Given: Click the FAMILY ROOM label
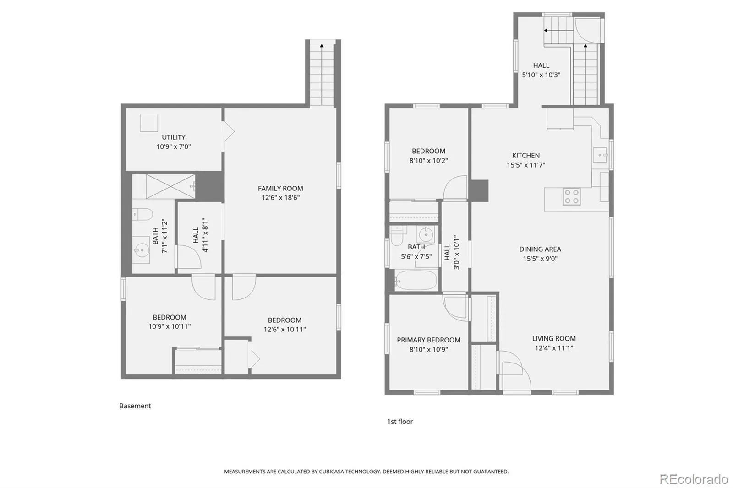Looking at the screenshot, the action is coord(280,189).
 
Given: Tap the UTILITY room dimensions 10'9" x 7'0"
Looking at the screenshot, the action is coord(173,146).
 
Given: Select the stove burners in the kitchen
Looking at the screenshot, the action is coord(572,196).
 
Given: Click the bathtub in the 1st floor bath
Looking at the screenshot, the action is coord(416,280).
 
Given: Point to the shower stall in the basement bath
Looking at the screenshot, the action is coord(170,186).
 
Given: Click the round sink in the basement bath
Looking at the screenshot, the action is coord(142,250).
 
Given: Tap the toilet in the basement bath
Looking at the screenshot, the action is coord(142,214).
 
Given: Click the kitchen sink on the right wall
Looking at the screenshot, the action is coord(601,155).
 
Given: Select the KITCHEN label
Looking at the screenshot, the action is coord(526,155).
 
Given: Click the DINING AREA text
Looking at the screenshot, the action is coord(540,249).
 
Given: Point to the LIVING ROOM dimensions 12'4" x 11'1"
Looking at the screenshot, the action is coord(554,348).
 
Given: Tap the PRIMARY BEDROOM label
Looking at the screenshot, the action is coord(428,340).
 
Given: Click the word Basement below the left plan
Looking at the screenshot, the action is coord(135,406).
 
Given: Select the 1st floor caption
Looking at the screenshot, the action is coord(400,422).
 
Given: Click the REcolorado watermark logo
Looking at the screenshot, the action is coord(694,479).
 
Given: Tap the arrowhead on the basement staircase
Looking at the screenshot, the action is coord(322,46).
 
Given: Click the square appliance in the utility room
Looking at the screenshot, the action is coord(149,123).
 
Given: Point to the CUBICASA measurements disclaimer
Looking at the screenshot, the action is coord(366,472).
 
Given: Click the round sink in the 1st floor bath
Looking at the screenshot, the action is coord(426,234).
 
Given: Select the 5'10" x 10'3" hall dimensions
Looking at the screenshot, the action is coord(541,75).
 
